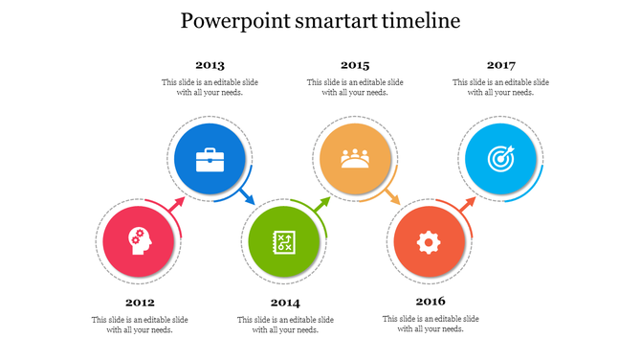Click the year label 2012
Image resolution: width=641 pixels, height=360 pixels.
140,302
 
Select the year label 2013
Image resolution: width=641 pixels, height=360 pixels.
210,65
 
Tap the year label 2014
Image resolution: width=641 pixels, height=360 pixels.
285,303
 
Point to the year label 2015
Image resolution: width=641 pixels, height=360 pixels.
355,65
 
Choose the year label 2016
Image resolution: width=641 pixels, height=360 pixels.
431,302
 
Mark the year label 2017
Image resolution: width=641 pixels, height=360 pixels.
500,65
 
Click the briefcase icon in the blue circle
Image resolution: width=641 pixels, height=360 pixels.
210,160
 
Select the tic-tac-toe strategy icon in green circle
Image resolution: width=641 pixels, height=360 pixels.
284,242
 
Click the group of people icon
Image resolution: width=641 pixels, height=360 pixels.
355,158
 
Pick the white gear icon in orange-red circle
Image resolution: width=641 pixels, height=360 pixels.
428,242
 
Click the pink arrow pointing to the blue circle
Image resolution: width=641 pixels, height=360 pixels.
177,203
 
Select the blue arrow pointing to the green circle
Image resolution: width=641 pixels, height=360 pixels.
248,199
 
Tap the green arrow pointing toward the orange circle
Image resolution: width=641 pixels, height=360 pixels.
322,204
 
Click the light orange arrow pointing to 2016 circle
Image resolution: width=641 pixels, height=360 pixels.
392,198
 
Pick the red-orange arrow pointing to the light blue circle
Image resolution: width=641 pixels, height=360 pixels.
468,204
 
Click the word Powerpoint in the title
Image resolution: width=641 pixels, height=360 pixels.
232,20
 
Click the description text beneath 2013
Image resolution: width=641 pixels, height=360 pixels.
210,87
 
